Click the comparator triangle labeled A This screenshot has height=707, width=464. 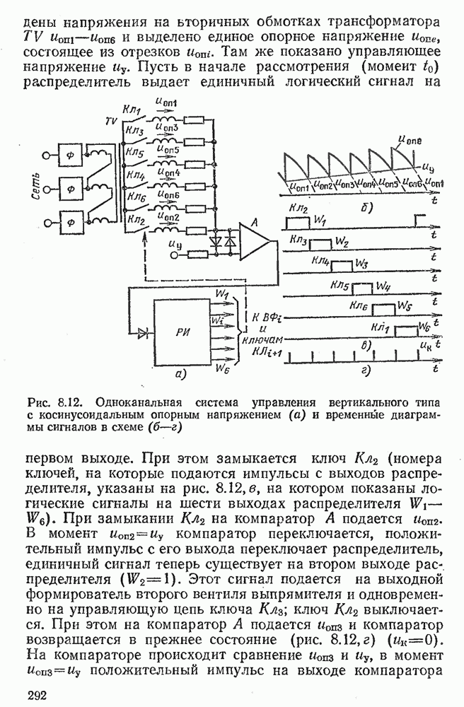point(253,240)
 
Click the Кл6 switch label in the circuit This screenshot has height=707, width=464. point(134,197)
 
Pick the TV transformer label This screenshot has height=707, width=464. point(110,122)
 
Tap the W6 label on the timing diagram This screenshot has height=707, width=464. point(424,326)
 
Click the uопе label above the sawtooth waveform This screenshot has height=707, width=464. point(412,141)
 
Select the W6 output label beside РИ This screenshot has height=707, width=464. point(222,368)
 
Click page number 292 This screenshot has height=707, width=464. point(37,696)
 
